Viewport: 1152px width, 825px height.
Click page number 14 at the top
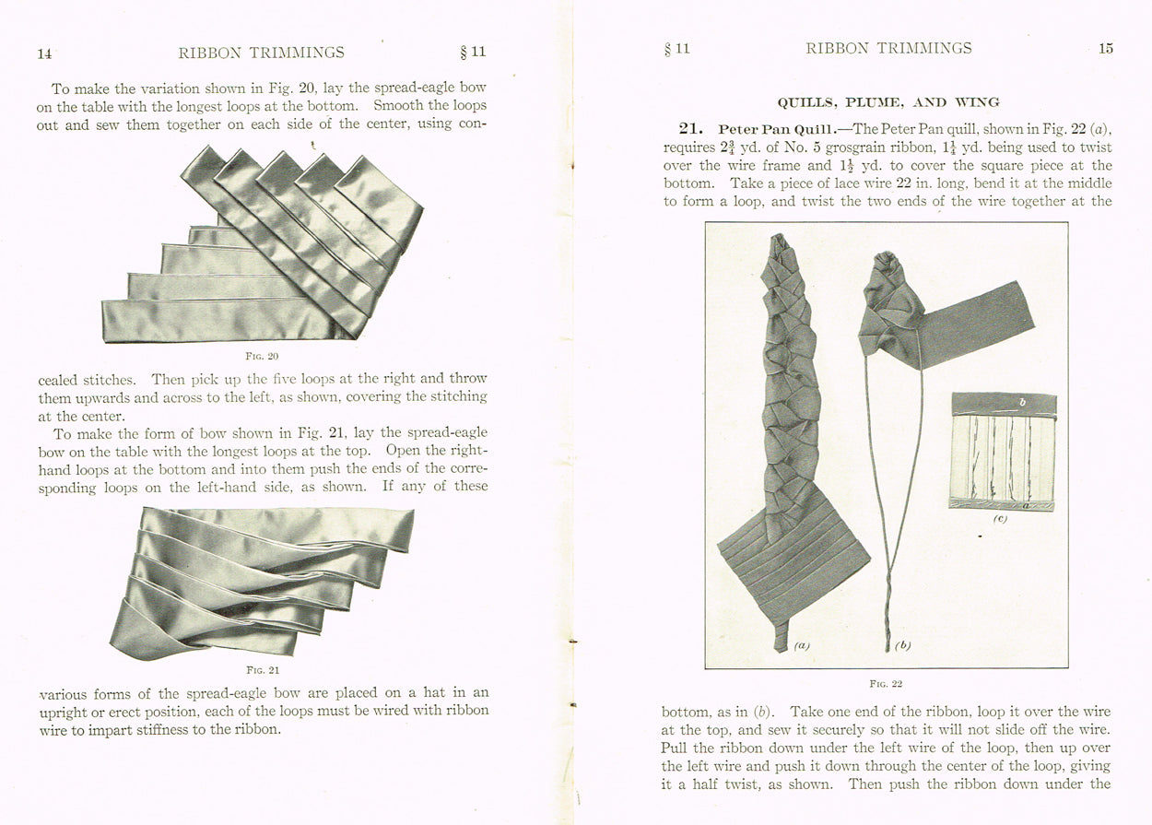click(x=44, y=53)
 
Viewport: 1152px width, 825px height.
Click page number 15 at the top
click(x=1105, y=49)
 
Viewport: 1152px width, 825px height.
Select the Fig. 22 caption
click(x=886, y=684)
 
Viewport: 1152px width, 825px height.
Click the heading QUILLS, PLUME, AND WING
click(x=888, y=102)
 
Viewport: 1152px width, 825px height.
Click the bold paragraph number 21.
click(x=691, y=129)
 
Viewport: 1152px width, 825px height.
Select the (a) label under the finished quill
click(x=801, y=646)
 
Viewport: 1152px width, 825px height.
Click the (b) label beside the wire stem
click(x=902, y=646)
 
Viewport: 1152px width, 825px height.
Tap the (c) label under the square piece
click(x=1000, y=519)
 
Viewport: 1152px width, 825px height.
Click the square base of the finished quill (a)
click(x=794, y=562)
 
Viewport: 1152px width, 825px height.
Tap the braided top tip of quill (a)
click(x=780, y=247)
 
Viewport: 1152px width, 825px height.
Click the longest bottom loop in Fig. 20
click(x=221, y=320)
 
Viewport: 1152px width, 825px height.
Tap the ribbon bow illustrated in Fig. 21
click(x=263, y=581)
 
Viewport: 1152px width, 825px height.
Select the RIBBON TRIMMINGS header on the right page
click(x=888, y=49)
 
